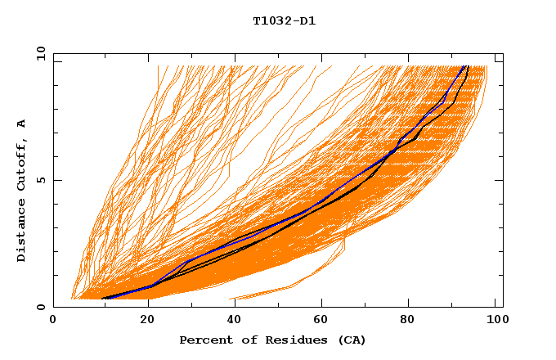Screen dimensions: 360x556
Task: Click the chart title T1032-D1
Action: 284,20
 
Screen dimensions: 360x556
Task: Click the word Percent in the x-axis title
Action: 202,340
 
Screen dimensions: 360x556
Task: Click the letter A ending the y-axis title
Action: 21,123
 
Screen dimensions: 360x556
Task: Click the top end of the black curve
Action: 467,67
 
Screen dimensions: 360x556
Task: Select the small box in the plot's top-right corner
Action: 499,58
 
